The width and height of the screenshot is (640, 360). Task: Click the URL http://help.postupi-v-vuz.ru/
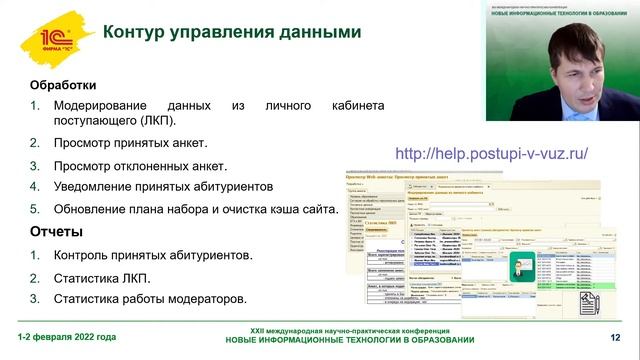coord(492,154)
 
